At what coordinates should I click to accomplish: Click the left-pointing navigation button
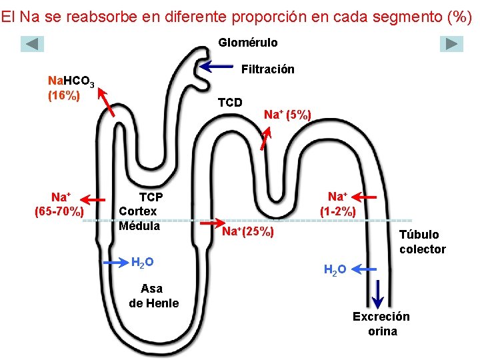32,44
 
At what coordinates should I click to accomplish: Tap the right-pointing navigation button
451,44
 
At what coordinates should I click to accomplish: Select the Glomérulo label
248,43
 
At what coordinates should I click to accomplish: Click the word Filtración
268,69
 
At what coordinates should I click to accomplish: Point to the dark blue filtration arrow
216,66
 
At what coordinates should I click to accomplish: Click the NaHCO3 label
71,81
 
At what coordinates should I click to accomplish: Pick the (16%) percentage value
64,95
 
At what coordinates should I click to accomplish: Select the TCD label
230,102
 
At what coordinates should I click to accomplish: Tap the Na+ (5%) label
287,115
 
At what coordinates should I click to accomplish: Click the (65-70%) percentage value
59,211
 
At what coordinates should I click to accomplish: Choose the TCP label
151,197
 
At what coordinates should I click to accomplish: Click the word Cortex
138,211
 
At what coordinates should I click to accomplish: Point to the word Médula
139,226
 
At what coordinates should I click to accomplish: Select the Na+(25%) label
248,231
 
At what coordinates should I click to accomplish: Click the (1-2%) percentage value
338,211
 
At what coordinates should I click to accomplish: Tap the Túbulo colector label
423,242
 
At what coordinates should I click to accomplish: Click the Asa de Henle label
154,296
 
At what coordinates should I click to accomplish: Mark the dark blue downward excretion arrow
378,294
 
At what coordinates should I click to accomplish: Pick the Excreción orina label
381,323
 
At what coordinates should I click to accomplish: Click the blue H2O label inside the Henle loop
143,263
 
